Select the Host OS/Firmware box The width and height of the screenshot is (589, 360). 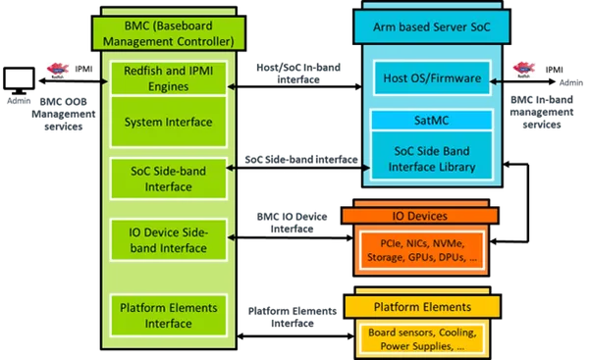coord(432,77)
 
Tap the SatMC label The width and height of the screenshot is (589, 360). coord(432,120)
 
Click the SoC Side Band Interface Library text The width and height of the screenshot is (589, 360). coord(432,159)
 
